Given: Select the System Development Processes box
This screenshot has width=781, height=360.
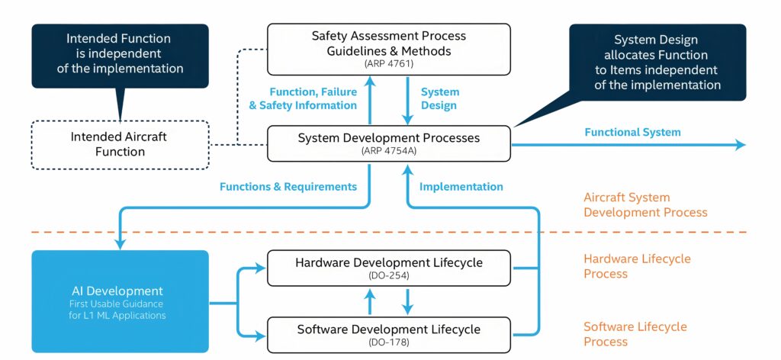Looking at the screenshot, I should [x=388, y=143].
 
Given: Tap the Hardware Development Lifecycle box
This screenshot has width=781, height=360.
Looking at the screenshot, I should [x=388, y=267].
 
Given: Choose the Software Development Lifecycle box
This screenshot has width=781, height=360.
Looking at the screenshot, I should [x=388, y=334].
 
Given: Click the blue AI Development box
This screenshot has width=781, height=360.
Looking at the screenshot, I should [x=120, y=301].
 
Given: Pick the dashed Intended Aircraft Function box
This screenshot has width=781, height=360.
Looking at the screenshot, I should [x=119, y=144].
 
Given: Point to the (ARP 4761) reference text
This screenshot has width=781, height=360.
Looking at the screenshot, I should [x=389, y=64].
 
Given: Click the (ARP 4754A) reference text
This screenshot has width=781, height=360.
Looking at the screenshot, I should [x=389, y=151].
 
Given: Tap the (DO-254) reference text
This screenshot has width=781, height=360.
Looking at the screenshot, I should [x=389, y=275].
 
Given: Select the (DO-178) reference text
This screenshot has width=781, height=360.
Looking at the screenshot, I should [x=389, y=342].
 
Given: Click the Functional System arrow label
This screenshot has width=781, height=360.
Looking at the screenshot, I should [x=632, y=132].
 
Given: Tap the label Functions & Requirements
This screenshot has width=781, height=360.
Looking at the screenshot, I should [x=288, y=186].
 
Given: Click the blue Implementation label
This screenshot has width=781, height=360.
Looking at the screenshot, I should [x=461, y=186].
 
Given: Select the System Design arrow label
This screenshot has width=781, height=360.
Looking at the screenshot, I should [x=440, y=99].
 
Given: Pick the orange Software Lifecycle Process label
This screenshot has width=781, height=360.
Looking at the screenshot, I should [x=635, y=334].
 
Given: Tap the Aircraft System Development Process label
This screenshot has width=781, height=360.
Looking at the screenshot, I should [x=645, y=204].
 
